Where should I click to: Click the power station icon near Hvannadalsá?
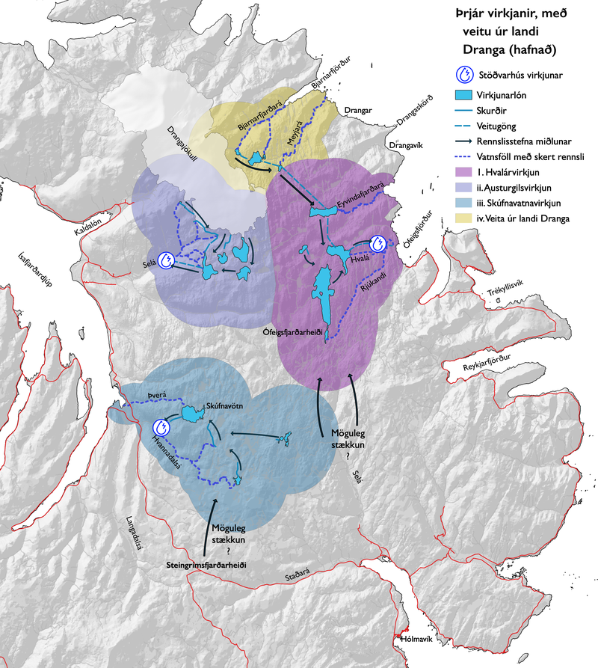click(161, 428)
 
